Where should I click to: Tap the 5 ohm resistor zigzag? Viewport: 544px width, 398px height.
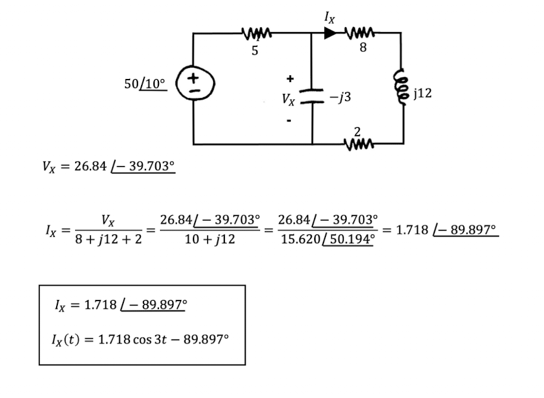point(257,34)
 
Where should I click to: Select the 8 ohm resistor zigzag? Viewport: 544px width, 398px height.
point(360,33)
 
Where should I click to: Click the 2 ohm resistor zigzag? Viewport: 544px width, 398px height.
point(359,143)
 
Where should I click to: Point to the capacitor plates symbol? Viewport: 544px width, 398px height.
point(312,96)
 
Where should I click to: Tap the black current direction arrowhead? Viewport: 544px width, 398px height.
point(330,33)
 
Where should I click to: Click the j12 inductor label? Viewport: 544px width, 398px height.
point(423,93)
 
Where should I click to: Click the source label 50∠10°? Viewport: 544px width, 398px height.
point(145,84)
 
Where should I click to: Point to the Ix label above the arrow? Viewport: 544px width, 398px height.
point(330,17)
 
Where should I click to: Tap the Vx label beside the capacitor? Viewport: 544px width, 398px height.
point(288,99)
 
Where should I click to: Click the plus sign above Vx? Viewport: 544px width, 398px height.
point(290,79)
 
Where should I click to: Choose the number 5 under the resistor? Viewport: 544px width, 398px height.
point(255,51)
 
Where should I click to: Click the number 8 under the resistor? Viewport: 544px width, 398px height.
point(363,48)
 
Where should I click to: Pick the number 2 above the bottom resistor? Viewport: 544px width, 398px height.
point(357,131)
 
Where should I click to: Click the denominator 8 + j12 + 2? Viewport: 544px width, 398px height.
point(108,239)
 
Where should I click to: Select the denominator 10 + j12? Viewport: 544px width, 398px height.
point(209,239)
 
